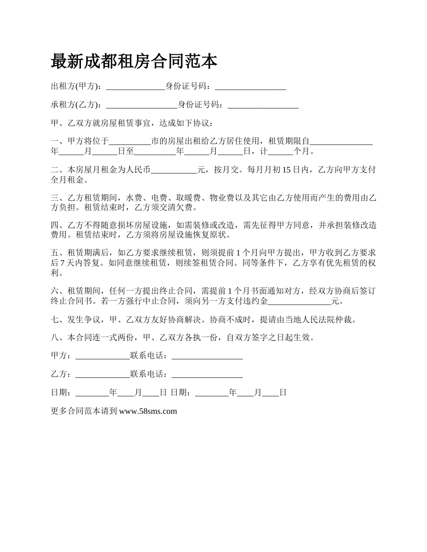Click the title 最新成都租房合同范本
(134, 61)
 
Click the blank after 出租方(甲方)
(135, 87)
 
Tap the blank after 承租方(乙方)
(141, 105)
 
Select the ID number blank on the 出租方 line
(250, 87)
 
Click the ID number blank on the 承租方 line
(263, 105)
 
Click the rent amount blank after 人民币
(174, 170)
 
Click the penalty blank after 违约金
(299, 301)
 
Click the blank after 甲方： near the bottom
(102, 356)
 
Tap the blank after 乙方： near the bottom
(102, 374)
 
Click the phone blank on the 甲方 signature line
(207, 356)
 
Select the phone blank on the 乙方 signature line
(207, 374)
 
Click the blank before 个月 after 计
(280, 151)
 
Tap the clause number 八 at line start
(55, 337)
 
